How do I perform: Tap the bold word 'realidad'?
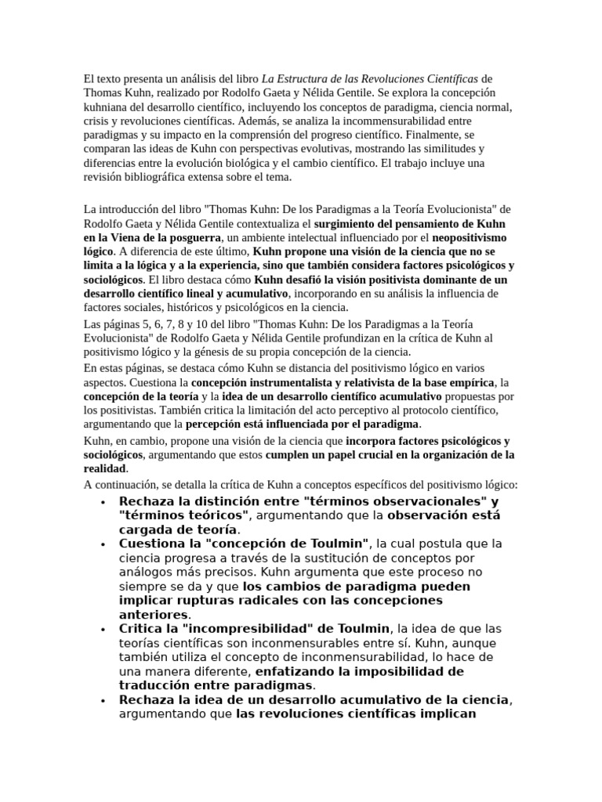click(x=104, y=468)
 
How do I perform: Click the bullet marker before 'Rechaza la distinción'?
click(x=103, y=501)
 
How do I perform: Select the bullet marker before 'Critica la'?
click(x=103, y=629)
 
